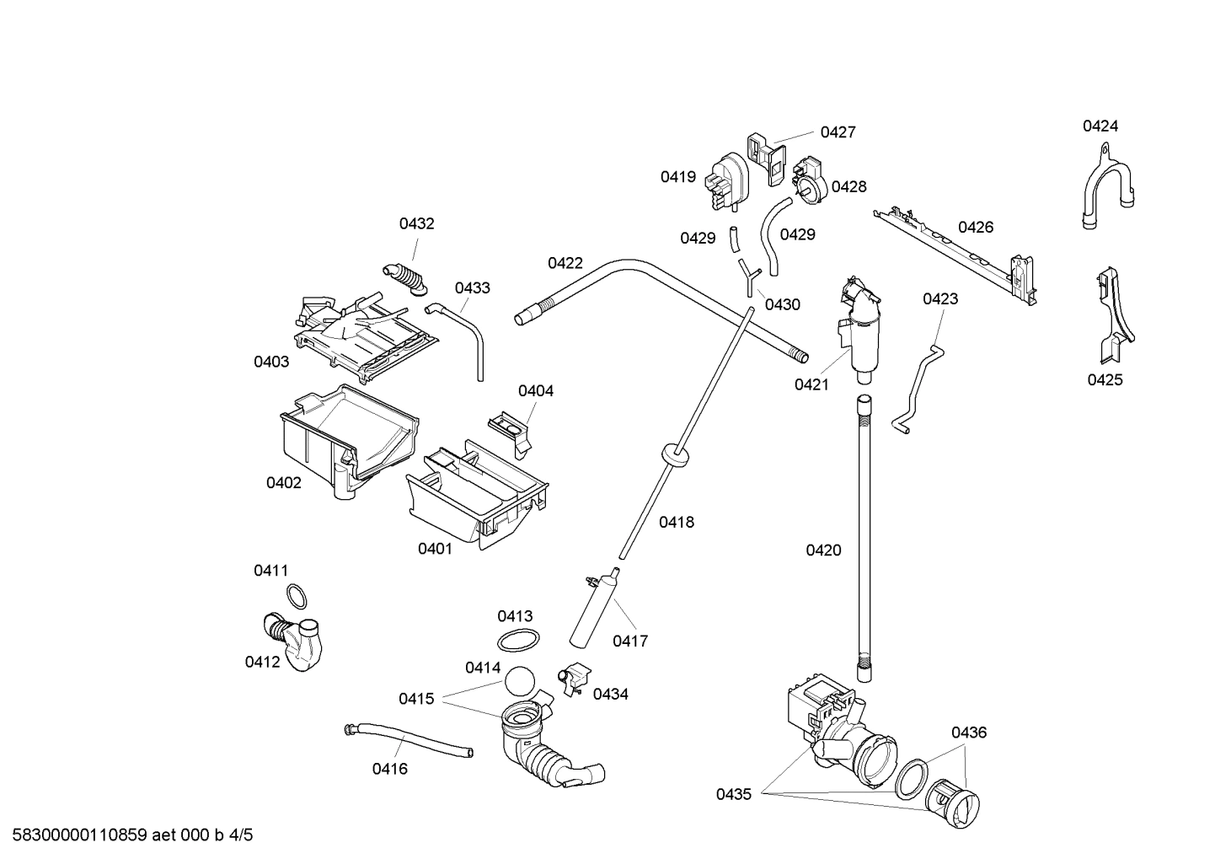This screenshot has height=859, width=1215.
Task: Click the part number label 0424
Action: [x=1100, y=126]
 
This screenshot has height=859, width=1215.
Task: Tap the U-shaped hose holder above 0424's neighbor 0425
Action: [x=1106, y=187]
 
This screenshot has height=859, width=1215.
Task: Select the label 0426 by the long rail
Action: [x=975, y=227]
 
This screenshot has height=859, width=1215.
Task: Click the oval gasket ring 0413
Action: [x=516, y=641]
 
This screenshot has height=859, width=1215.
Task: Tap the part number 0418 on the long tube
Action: [x=676, y=522]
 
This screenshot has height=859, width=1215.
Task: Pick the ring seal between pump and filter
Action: [x=912, y=778]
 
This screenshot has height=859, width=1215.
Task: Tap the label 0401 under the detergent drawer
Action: [x=435, y=549]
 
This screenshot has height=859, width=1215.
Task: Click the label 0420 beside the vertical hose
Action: [x=823, y=550]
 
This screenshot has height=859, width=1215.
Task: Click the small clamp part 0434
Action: [x=573, y=679]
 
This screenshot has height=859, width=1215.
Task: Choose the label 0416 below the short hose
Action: [x=389, y=768]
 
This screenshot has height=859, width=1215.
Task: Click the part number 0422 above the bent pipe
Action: [x=565, y=263]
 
